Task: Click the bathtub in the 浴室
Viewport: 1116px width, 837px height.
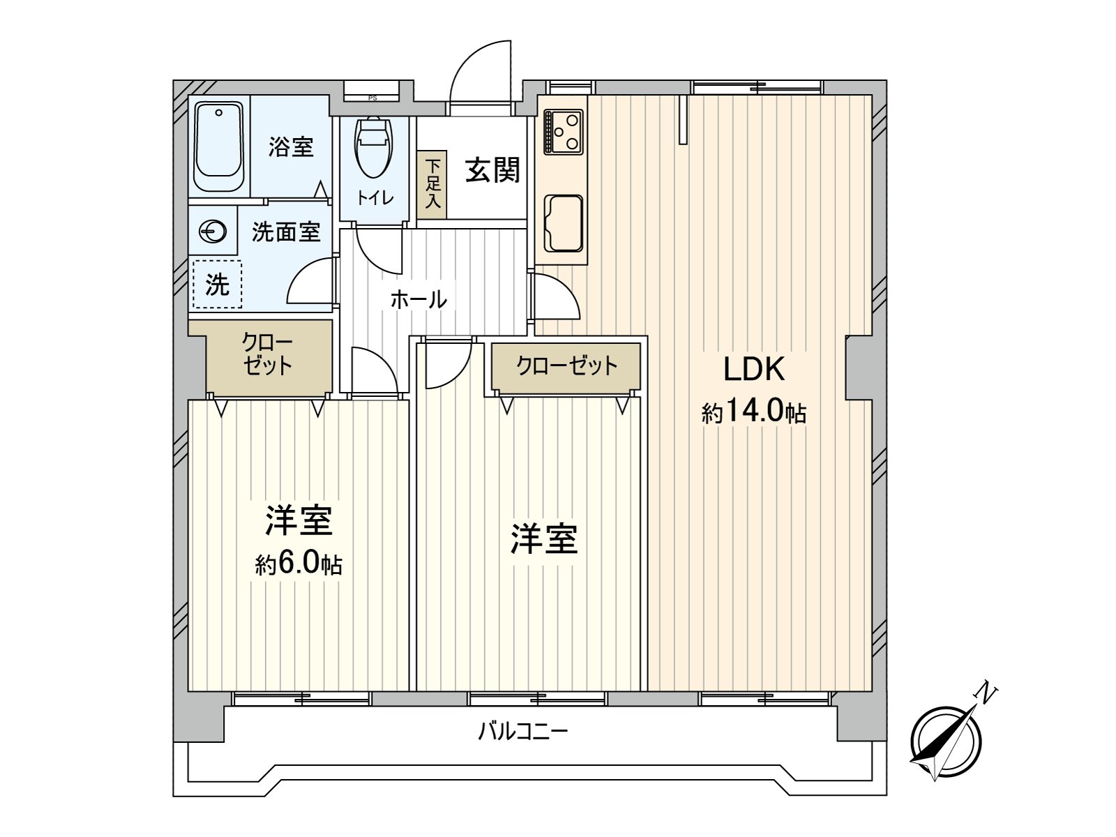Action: click(x=218, y=146)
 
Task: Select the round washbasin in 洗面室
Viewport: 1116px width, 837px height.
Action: click(x=212, y=232)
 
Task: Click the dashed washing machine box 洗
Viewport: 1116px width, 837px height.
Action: click(x=217, y=284)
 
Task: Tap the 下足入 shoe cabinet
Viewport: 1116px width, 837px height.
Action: click(x=432, y=185)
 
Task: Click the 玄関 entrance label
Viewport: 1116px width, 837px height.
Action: click(x=492, y=169)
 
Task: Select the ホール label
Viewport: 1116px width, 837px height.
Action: click(x=418, y=300)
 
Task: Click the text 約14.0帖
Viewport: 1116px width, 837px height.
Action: click(x=754, y=412)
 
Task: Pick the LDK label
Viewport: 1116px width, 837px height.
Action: click(x=754, y=369)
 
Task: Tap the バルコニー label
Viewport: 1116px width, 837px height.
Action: click(x=523, y=732)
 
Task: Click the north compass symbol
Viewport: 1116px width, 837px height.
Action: click(x=945, y=741)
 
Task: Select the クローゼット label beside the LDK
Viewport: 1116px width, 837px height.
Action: click(x=566, y=365)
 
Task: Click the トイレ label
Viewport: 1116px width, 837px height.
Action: click(x=375, y=198)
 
